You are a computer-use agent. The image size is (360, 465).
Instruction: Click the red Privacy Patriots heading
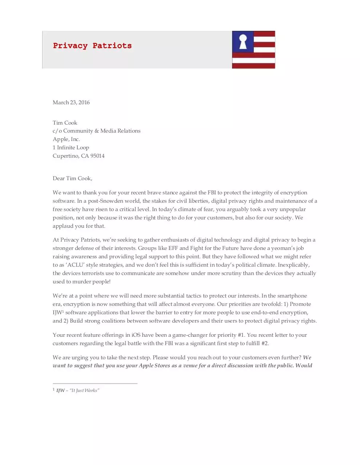click(x=92, y=46)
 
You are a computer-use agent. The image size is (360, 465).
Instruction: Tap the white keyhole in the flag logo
click(x=243, y=42)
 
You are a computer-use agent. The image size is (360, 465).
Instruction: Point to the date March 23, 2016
click(x=71, y=102)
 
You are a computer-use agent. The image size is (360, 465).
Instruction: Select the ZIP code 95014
click(x=97, y=156)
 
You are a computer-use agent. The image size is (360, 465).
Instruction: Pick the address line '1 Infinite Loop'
click(x=71, y=147)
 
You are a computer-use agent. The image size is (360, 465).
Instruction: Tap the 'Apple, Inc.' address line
click(x=66, y=139)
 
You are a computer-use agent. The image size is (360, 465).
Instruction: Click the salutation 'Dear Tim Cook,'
click(x=72, y=178)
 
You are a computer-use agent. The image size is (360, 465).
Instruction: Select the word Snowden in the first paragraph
click(x=110, y=201)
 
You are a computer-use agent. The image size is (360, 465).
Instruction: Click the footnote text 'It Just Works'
click(x=84, y=391)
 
